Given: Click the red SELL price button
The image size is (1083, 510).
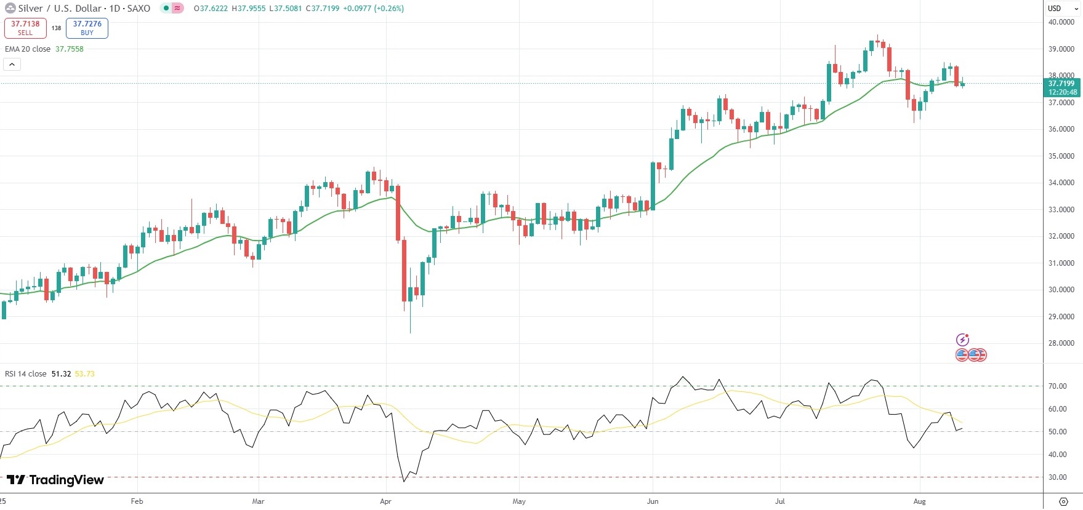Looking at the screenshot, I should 25,28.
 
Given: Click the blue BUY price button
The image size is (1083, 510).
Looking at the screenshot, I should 87,28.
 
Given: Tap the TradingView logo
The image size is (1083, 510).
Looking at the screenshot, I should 55,480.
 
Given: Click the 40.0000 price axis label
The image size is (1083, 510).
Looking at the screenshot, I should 1061,22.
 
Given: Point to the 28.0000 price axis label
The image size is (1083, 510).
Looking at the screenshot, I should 1061,343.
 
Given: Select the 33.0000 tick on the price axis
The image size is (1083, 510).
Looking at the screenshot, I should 1061,210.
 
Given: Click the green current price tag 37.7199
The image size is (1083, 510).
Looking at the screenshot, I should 1062,87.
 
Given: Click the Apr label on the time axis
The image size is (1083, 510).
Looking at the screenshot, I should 386,501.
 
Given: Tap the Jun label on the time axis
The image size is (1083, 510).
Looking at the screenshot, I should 653,501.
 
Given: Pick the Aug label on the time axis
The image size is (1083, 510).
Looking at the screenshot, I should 919,501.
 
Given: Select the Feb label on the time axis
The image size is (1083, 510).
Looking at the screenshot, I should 137,501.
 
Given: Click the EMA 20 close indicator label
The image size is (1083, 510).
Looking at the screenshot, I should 28,49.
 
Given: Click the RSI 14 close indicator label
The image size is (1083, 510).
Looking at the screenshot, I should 26,374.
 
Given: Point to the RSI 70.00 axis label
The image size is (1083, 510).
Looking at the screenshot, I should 1058,386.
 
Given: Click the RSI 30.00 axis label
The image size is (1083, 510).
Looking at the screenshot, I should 1058,477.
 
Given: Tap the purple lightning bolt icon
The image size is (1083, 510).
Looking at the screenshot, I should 962,340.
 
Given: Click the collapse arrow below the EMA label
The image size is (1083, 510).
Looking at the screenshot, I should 12,64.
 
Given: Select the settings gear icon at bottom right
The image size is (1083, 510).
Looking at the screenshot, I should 1063,501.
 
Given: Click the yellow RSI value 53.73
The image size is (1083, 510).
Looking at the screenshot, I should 84,374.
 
